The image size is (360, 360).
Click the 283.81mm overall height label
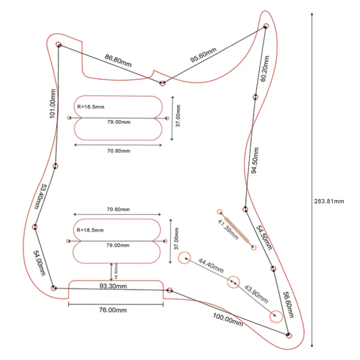pos(329,201)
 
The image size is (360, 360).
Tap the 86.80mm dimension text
pos(118,60)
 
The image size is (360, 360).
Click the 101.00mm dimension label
pos(53,104)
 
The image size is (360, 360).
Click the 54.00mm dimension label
pos(39,263)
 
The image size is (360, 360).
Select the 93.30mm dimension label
pos(113,286)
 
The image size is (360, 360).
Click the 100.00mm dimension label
pos(228,319)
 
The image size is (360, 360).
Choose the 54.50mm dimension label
pos(264,238)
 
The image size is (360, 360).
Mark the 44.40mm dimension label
pos(211,265)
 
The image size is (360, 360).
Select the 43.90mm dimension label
pos(255,294)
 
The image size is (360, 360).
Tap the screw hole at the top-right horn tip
pos(265,26)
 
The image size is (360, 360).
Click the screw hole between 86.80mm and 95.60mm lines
pos(163,82)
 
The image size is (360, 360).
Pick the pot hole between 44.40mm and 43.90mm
pos(233,282)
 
